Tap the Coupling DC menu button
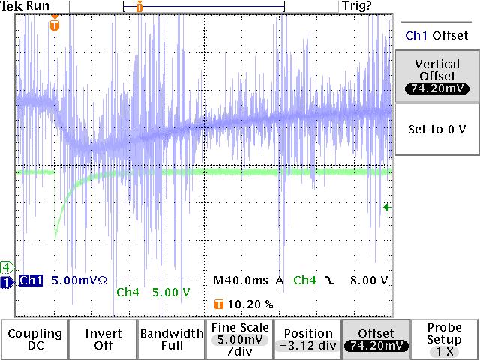34,339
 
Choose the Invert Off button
103,339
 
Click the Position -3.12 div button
307,339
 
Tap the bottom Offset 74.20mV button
376,339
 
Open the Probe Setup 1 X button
445,339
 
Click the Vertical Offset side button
436,75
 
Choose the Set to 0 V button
436,129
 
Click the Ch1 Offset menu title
436,35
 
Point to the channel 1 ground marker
7,281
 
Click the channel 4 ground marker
6,267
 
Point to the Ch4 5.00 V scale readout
154,292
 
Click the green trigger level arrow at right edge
387,208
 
